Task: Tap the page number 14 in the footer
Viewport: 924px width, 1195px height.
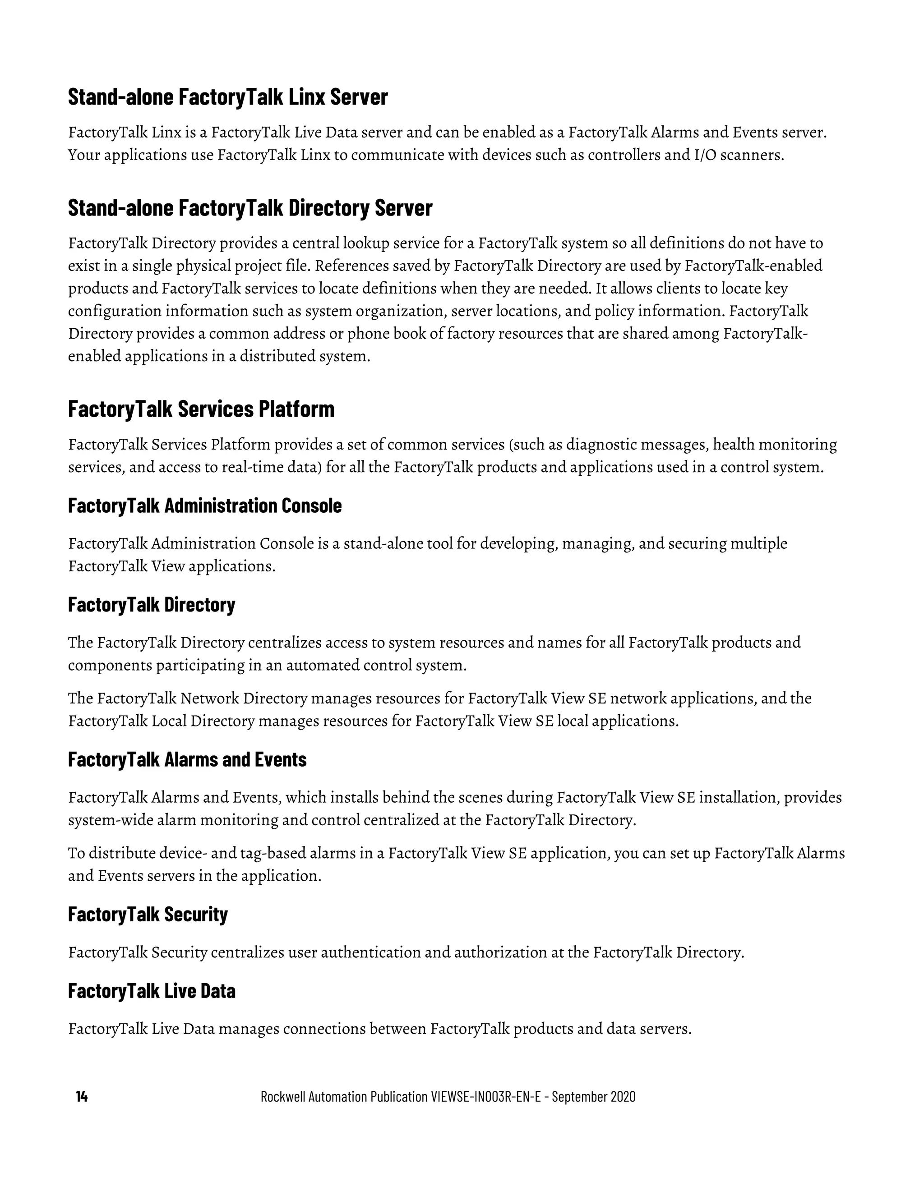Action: tap(82, 1097)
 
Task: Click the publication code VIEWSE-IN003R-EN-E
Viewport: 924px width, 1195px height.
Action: tap(489, 1097)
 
